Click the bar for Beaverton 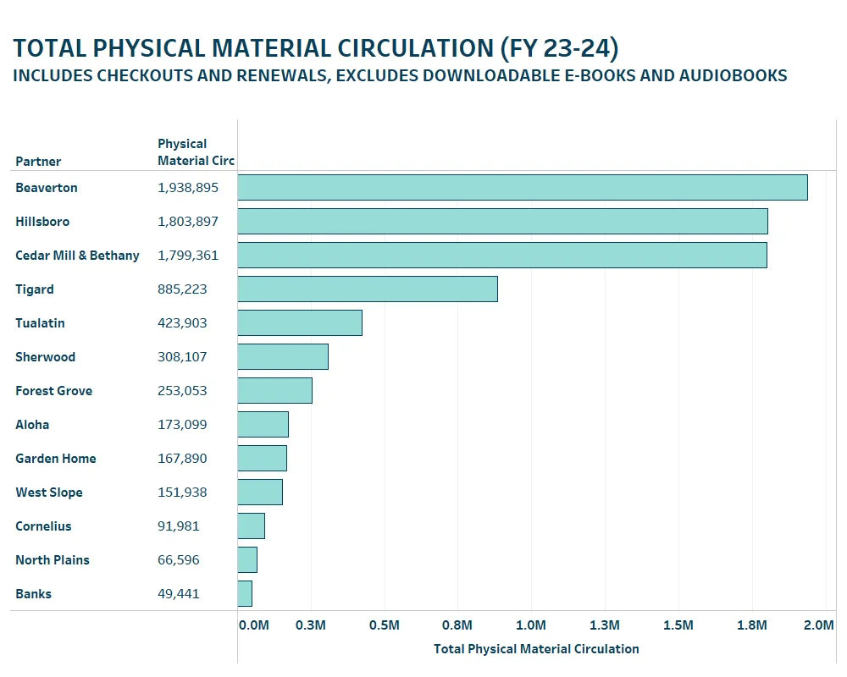(x=522, y=188)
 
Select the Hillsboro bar (x=502, y=222)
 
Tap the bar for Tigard (x=367, y=289)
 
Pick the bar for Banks (x=245, y=594)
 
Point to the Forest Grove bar (x=274, y=391)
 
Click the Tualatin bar (x=300, y=323)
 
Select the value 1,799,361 (x=188, y=256)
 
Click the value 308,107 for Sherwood (x=182, y=357)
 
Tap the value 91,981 (x=179, y=526)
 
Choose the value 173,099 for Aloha (x=182, y=425)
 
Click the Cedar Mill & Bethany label (x=77, y=256)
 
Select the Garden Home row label (x=56, y=459)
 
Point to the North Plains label (x=53, y=560)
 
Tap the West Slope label (x=49, y=493)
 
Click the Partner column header (x=38, y=162)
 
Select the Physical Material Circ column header (x=196, y=152)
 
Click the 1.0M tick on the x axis (x=531, y=625)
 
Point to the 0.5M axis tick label (x=385, y=625)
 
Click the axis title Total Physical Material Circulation (x=536, y=649)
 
